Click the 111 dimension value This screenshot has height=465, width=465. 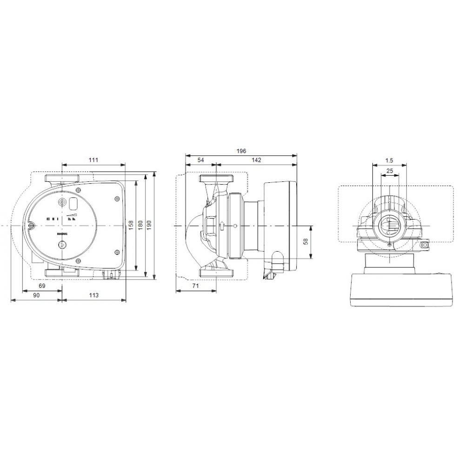pos(93,160)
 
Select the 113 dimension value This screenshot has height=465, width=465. pos(93,295)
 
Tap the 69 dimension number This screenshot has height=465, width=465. pos(42,286)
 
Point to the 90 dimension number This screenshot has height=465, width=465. pos(36,295)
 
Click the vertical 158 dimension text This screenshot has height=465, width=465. pos(132,225)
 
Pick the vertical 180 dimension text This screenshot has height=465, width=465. pos(141,225)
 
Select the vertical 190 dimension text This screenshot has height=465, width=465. pos(150,225)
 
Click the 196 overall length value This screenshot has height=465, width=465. pos(241,151)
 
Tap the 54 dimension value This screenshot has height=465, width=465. pos(200,160)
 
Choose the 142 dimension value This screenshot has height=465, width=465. pos(256,160)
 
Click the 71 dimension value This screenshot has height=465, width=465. pos(196,286)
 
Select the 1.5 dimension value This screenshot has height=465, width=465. pos(390,160)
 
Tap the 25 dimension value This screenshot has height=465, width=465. pos(390,171)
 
